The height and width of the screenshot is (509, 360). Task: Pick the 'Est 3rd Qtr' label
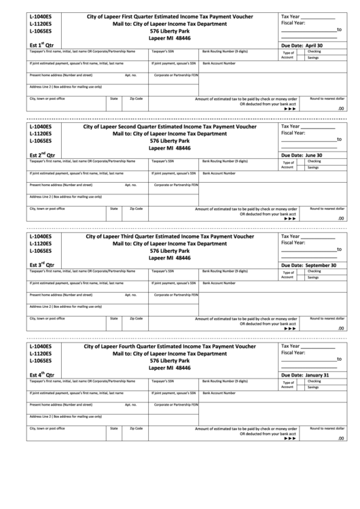pyautogui.click(x=41, y=265)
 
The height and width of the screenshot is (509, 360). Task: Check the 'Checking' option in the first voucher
pyautogui.click(x=314, y=52)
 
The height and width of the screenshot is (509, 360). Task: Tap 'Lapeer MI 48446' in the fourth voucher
pyautogui.click(x=169, y=368)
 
